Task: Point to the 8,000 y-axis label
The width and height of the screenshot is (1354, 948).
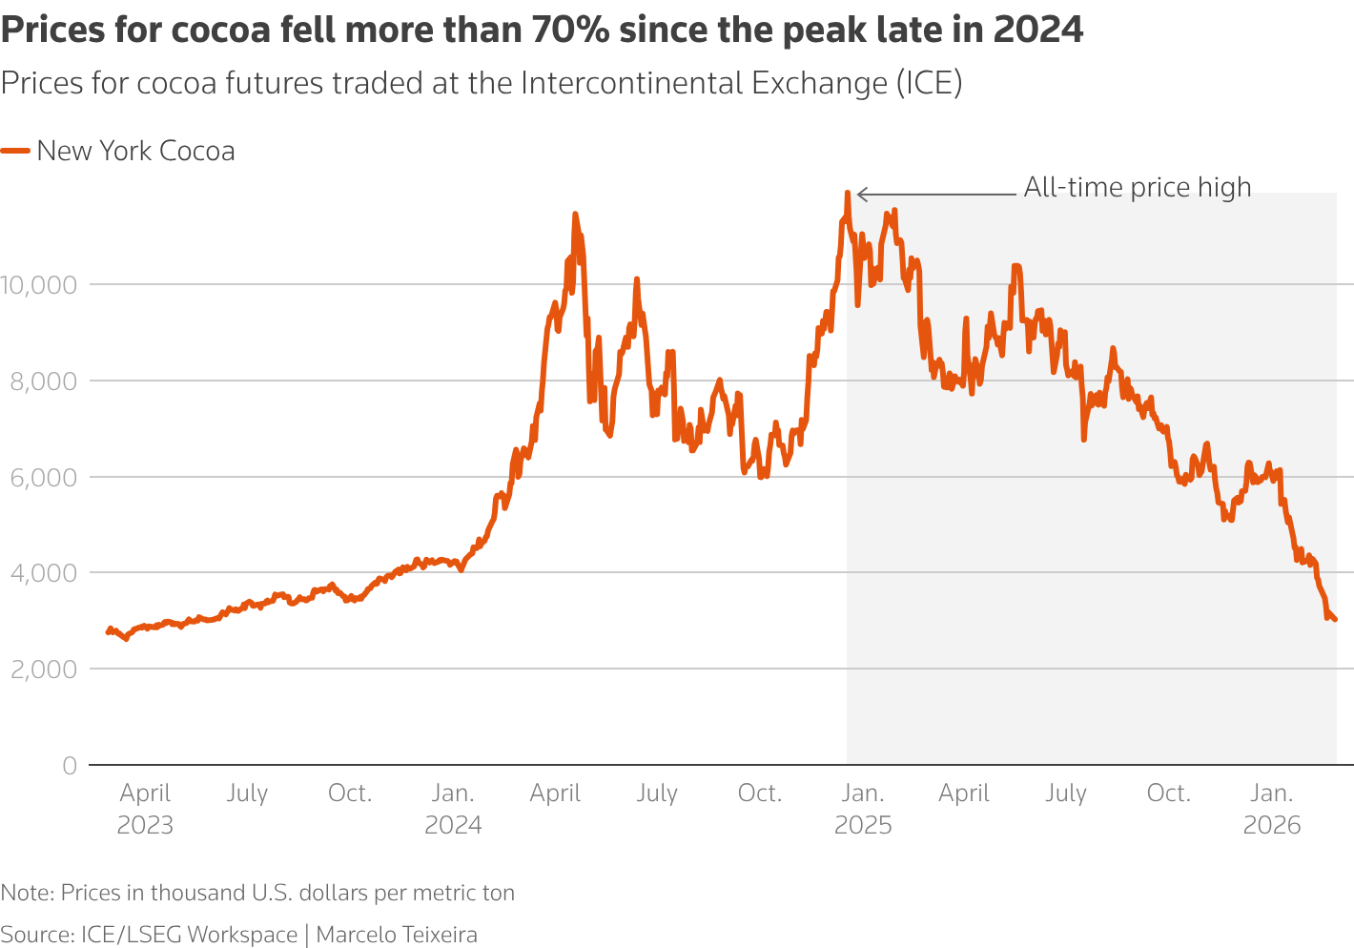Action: point(44,381)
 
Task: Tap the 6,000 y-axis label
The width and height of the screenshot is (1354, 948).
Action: point(44,477)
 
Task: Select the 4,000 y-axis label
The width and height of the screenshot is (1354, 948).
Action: point(44,573)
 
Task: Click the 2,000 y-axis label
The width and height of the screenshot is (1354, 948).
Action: point(44,670)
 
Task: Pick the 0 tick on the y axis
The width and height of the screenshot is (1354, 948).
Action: point(70,766)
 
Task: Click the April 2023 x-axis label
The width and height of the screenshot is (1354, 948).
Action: point(145,809)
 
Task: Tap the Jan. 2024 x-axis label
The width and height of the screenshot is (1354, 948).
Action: point(453,809)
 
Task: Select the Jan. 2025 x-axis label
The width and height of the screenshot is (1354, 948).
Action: point(863,809)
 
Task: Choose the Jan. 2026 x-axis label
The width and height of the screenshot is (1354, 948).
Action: point(1272,809)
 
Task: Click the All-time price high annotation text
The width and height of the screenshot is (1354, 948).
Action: point(1137,188)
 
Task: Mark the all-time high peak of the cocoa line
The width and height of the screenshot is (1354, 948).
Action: point(847,193)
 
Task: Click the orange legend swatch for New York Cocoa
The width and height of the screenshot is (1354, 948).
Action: point(16,151)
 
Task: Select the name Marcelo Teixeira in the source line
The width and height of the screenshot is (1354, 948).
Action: point(396,935)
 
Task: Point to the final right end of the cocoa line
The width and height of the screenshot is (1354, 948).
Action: point(1334,620)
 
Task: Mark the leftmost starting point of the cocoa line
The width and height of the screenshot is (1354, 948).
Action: point(108,632)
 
